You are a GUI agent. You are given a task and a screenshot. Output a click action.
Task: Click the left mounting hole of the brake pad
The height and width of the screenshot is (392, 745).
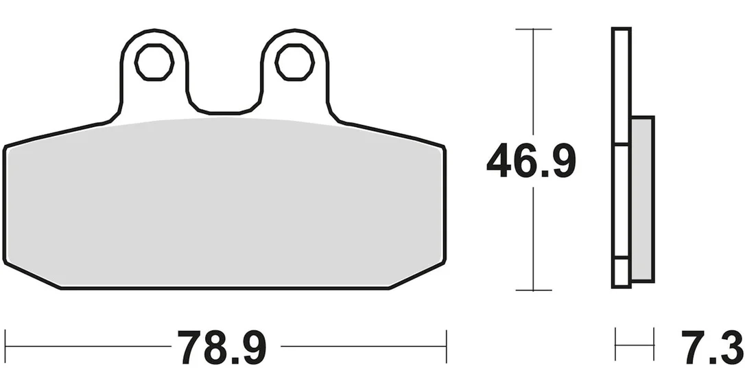click(154, 62)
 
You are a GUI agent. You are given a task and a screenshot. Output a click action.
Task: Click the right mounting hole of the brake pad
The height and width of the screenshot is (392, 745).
click(294, 62)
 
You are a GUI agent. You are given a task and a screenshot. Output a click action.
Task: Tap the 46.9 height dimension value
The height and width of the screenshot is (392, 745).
click(531, 162)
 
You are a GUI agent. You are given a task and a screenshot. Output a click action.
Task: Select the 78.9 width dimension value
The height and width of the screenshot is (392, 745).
click(222, 347)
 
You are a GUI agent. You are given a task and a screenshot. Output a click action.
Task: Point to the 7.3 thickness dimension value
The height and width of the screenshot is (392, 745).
click(711, 347)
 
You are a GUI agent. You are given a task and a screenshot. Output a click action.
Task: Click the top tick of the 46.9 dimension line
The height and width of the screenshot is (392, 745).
click(533, 29)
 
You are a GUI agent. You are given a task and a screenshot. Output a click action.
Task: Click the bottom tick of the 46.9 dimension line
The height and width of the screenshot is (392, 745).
click(533, 290)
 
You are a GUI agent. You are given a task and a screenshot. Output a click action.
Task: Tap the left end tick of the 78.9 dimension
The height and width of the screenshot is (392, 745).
click(5, 346)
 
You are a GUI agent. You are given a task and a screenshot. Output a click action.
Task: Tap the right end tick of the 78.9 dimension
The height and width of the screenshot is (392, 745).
click(446, 346)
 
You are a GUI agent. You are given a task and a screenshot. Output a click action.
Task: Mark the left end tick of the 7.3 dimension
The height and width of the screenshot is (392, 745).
click(615, 344)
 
